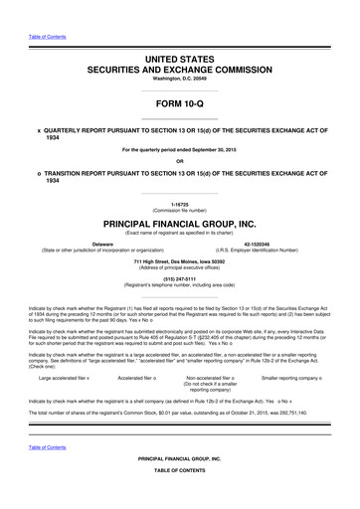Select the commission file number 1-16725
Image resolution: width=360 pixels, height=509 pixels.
180,203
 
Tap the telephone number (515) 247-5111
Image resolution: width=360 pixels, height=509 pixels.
180,278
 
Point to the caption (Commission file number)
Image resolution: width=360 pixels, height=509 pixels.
180,209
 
